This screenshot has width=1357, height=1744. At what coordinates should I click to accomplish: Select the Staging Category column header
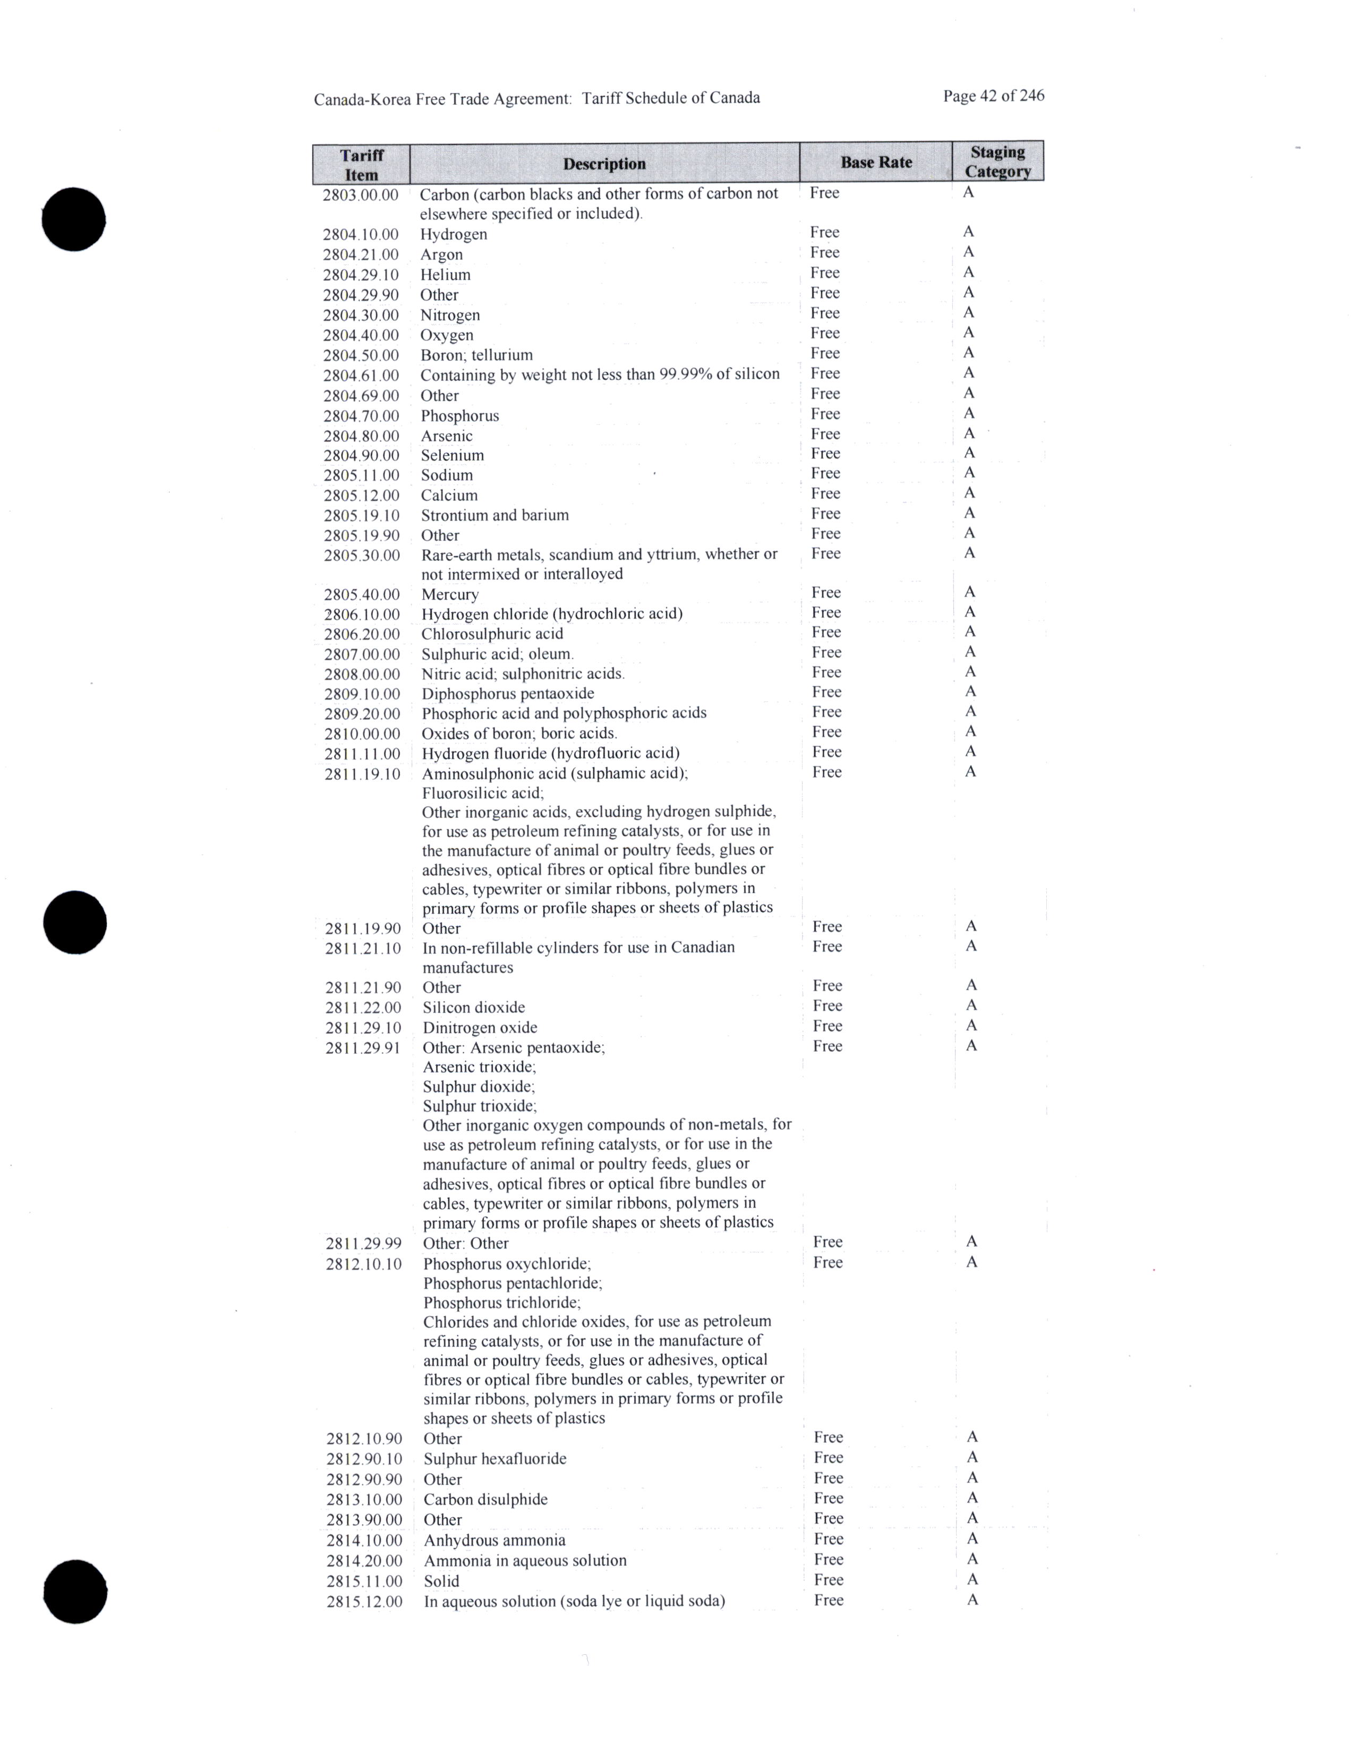coord(998,161)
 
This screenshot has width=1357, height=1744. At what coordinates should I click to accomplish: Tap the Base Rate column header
coord(876,162)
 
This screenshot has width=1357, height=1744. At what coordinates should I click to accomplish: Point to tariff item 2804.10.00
coord(361,234)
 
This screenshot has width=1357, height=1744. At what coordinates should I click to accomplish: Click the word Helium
coord(446,275)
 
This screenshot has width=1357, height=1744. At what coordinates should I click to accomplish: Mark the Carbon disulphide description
coord(485,1499)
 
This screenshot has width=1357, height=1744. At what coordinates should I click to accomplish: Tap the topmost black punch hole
coord(74,219)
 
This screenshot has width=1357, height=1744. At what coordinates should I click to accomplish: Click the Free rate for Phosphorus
coord(825,414)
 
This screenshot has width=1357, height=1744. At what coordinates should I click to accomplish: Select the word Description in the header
coord(604,164)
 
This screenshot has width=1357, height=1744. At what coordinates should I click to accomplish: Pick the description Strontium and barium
coord(495,515)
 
